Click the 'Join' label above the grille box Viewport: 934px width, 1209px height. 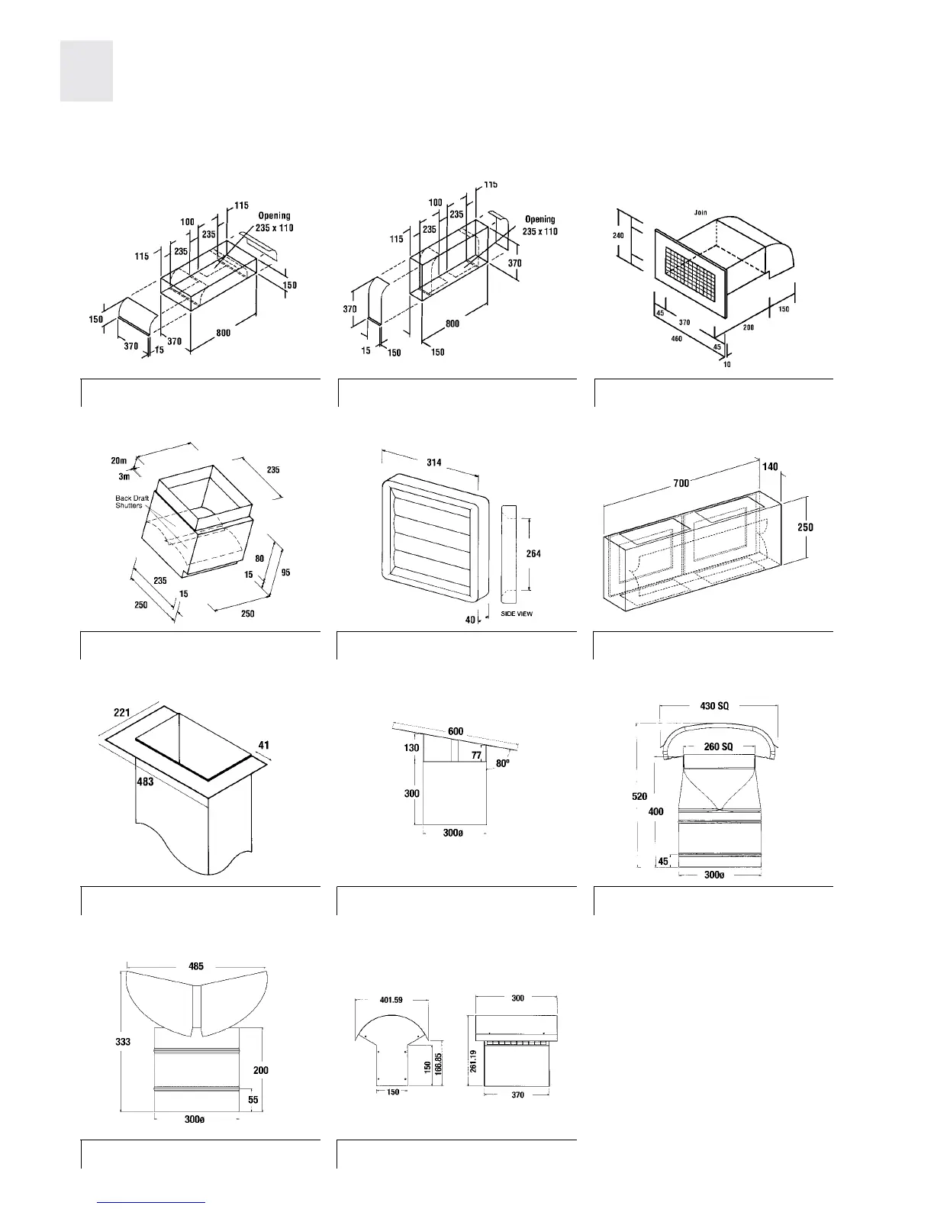(x=700, y=212)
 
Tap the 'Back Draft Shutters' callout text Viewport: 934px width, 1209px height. (x=129, y=501)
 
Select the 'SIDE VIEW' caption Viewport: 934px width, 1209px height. (x=517, y=614)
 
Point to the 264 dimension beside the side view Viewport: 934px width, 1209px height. (x=533, y=553)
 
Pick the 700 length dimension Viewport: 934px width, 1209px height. (x=681, y=482)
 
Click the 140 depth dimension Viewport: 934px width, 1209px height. (x=770, y=466)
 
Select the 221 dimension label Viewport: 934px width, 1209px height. (x=122, y=712)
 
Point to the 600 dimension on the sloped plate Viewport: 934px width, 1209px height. (x=456, y=731)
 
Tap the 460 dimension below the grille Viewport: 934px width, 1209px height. (x=676, y=338)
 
